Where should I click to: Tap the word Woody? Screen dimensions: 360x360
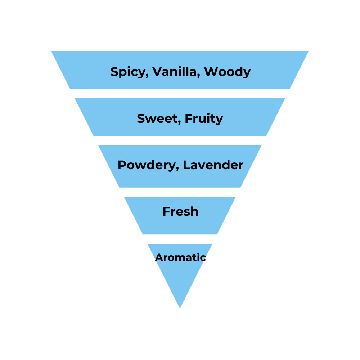click(227, 72)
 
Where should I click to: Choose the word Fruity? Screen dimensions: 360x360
click(204, 119)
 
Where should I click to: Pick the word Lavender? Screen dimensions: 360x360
click(213, 165)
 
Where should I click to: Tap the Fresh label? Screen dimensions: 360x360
click(180, 211)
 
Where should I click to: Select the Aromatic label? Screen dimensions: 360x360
click(180, 257)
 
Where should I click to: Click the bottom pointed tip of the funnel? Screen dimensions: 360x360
click(180, 307)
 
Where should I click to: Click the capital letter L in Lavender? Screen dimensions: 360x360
click(185, 165)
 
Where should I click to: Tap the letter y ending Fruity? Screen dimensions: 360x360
click(220, 120)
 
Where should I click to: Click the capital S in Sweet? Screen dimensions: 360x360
click(140, 118)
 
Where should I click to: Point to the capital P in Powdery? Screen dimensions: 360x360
click(121, 165)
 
